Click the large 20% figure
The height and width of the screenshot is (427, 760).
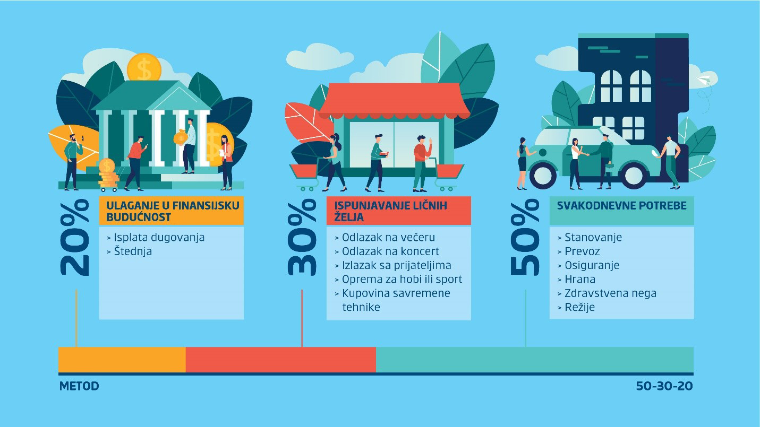pyautogui.click(x=75, y=237)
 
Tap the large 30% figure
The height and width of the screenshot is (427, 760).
pyautogui.click(x=302, y=237)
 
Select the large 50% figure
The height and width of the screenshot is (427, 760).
pyautogui.click(x=525, y=237)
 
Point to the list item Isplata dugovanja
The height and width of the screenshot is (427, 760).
pyautogui.click(x=156, y=238)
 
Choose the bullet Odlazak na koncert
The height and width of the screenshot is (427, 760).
pyautogui.click(x=387, y=251)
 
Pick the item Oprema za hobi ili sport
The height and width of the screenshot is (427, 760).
pyautogui.click(x=398, y=279)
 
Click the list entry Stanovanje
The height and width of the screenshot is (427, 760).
pyautogui.click(x=590, y=238)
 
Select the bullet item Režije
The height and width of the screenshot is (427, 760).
pyautogui.click(x=576, y=307)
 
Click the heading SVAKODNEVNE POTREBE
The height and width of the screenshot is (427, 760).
pyautogui.click(x=621, y=205)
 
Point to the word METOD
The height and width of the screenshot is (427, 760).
pyautogui.click(x=79, y=386)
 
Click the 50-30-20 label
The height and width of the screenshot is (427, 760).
pyautogui.click(x=664, y=386)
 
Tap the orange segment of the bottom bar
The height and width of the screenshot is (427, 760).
pyautogui.click(x=122, y=360)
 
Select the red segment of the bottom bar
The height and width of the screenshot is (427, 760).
pyautogui.click(x=281, y=360)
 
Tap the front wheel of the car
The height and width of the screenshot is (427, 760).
pyautogui.click(x=543, y=176)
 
